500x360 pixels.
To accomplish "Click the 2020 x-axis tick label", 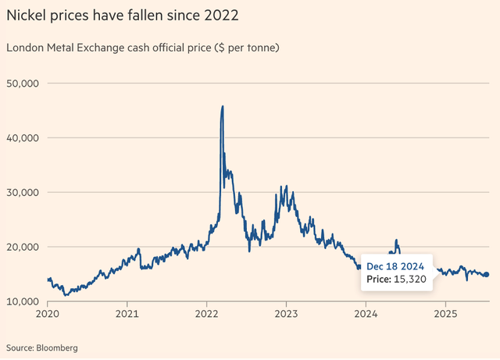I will tap(48, 315).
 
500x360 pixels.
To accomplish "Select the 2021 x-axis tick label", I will tap(127, 315).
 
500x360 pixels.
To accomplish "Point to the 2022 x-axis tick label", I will tap(206, 315).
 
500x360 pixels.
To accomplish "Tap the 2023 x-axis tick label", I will tap(286, 315).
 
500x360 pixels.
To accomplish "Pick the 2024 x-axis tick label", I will tap(366, 315).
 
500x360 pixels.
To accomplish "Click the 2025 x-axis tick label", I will tap(445, 315).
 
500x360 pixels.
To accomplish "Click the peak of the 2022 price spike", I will tap(223, 107).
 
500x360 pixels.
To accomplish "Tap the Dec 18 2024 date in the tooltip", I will tap(395, 266).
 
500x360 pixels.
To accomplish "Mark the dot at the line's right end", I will tap(486, 274).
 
